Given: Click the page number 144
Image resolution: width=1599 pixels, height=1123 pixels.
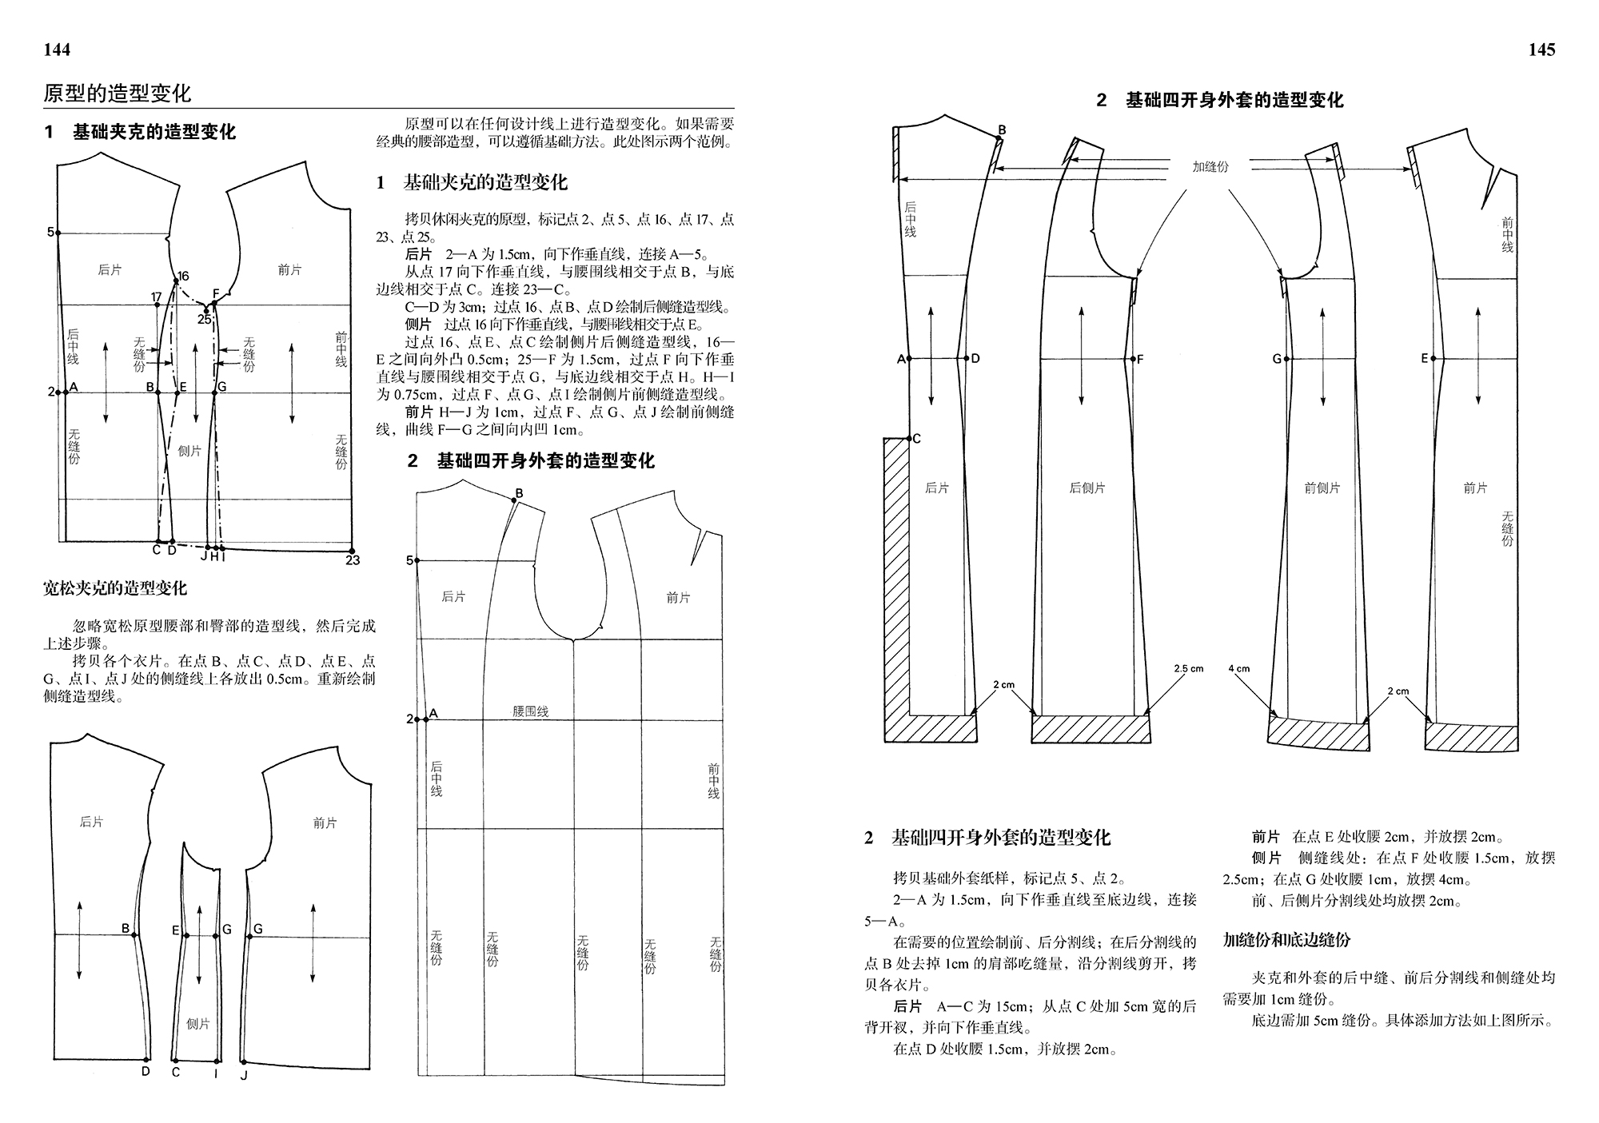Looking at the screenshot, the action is click(x=57, y=50).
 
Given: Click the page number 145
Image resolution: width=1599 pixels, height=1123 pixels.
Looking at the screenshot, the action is click(x=1541, y=50).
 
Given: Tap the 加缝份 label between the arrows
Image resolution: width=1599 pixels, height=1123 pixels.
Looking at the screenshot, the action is click(x=1210, y=166).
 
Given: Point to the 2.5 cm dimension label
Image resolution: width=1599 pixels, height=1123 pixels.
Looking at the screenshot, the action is click(x=1188, y=668).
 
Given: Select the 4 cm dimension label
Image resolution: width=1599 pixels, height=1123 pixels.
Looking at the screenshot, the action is click(x=1239, y=668).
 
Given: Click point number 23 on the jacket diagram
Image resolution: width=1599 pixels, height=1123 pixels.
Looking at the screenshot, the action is click(x=353, y=560).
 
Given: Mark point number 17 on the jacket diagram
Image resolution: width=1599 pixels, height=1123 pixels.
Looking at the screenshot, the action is click(x=157, y=298).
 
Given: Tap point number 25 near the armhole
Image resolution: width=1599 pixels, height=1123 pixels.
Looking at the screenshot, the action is click(x=205, y=319).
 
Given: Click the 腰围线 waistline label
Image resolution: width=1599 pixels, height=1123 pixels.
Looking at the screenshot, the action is click(x=530, y=711).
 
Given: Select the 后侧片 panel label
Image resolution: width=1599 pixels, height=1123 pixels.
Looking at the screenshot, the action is click(x=1087, y=488).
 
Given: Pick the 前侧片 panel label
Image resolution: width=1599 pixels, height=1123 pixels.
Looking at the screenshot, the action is click(x=1322, y=488).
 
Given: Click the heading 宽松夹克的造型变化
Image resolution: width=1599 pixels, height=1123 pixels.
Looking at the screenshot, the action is click(x=115, y=588).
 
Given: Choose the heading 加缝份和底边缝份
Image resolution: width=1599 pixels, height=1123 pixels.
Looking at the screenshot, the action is click(x=1286, y=940).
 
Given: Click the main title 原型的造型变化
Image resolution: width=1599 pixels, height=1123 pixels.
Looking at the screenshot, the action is click(x=118, y=94).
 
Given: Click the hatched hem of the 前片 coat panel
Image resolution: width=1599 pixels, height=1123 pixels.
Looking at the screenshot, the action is click(x=1471, y=736).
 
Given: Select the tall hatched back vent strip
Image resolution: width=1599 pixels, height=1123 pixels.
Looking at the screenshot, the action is click(x=897, y=575).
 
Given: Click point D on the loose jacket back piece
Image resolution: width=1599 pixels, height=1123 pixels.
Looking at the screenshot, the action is click(x=146, y=1069).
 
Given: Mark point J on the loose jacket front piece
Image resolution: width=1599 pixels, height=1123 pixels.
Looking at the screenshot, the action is click(x=244, y=1074).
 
